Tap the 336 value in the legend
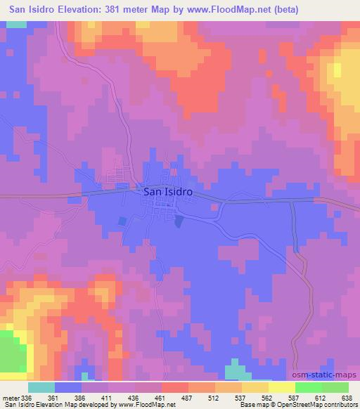(x=25, y=397)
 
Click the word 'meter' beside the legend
(x=9, y=397)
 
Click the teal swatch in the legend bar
(x=41, y=387)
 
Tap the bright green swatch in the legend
(x=309, y=387)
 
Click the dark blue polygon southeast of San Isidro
(x=179, y=221)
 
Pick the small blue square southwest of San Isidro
(x=123, y=221)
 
